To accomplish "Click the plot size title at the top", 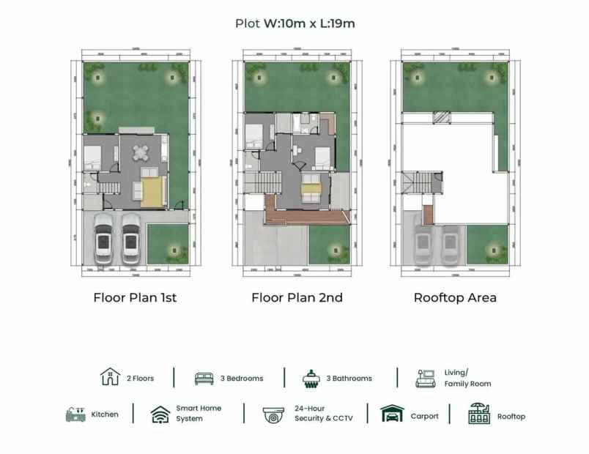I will point(294,23).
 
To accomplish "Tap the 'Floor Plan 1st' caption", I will point(135,298).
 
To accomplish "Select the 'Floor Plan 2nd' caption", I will point(297,298).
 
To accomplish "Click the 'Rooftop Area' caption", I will point(455,298).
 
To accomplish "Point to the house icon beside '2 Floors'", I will point(110,377).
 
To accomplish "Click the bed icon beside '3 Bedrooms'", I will point(204,379).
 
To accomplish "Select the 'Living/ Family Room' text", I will point(467,378).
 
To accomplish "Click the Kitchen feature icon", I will point(75,414).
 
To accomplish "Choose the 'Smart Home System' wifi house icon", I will point(160,414).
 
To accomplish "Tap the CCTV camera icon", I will point(274,414).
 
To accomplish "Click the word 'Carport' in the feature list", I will point(425,416).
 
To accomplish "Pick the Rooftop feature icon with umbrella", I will point(479,414).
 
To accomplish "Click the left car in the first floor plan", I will point(104,237).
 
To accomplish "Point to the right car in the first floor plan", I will point(130,237).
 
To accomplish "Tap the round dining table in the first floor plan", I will point(140,152).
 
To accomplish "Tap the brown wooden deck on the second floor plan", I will point(308,217).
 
